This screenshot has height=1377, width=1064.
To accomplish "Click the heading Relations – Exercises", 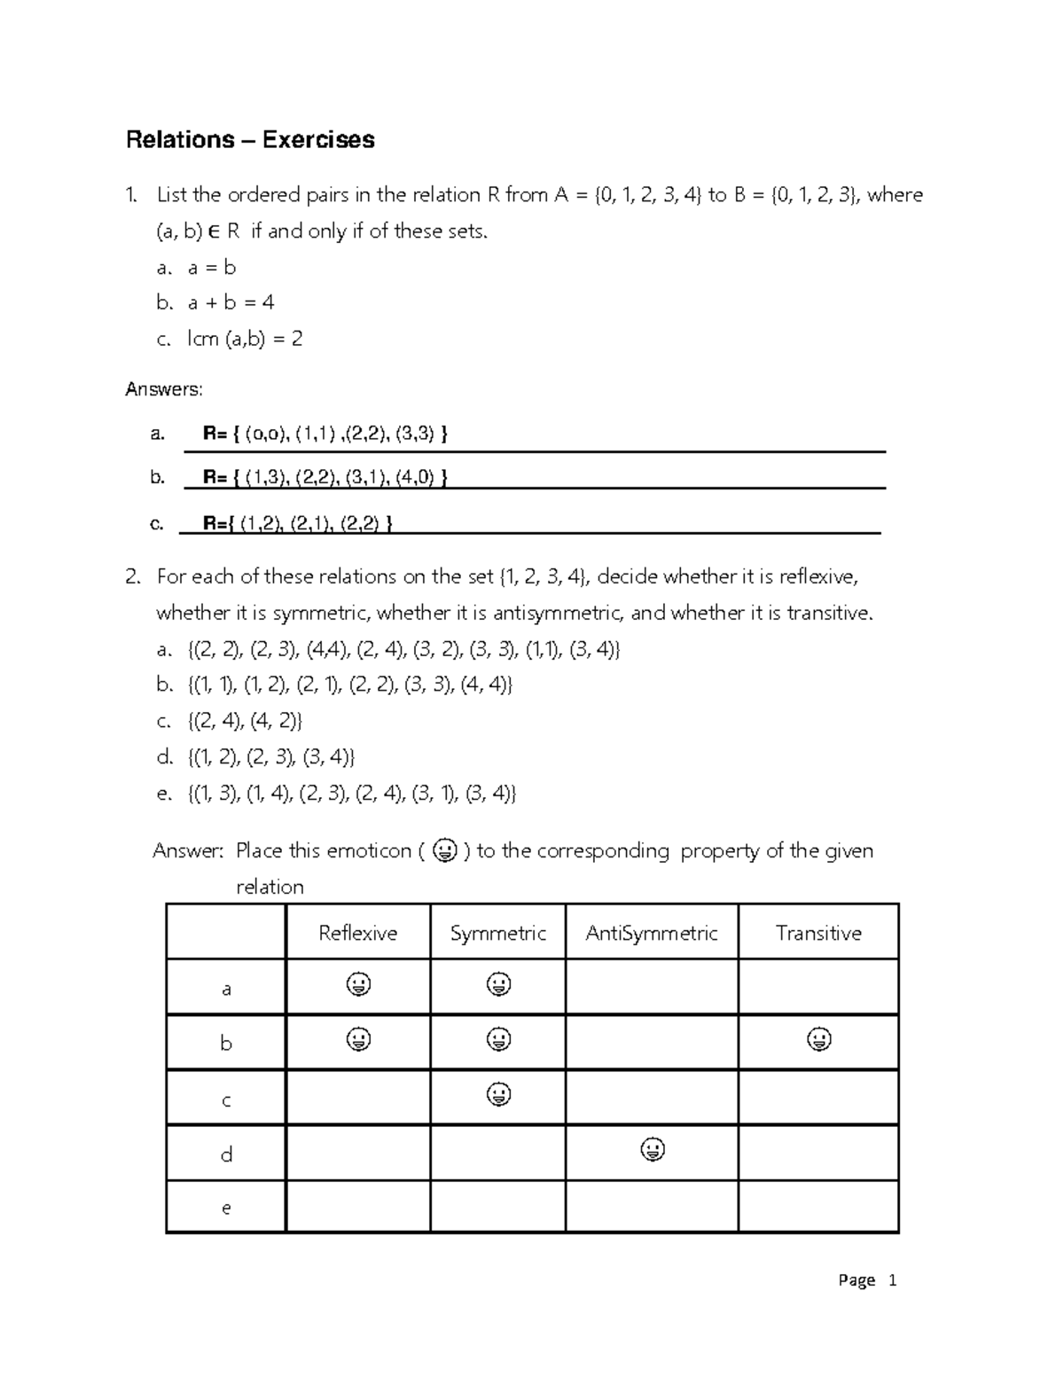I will pyautogui.click(x=250, y=140).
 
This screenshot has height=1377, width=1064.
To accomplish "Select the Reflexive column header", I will pyautogui.click(x=357, y=933).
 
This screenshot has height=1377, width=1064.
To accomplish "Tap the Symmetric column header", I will pyautogui.click(x=497, y=933).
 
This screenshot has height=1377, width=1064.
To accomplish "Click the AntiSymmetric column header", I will pyautogui.click(x=652, y=933).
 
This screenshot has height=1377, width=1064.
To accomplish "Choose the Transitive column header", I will pyautogui.click(x=818, y=933).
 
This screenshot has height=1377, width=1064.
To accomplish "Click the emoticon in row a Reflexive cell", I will pyautogui.click(x=358, y=984).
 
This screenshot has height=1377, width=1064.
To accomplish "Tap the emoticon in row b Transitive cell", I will pyautogui.click(x=818, y=1039).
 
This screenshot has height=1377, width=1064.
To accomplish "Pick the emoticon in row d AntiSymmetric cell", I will pyautogui.click(x=653, y=1150).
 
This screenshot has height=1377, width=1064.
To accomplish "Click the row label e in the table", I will pyautogui.click(x=226, y=1208).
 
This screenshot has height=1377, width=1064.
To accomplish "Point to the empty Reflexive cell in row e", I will pyautogui.click(x=357, y=1207).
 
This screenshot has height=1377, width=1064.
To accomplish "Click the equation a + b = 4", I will pyautogui.click(x=231, y=302).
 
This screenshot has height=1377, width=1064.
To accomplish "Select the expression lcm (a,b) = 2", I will pyautogui.click(x=245, y=339).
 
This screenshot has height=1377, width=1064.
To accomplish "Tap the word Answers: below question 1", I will pyautogui.click(x=164, y=388).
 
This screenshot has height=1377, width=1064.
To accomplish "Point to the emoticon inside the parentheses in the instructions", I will pyautogui.click(x=444, y=851).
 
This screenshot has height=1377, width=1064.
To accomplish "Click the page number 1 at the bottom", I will pyautogui.click(x=892, y=1280).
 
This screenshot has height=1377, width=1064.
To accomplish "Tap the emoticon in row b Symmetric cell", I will pyautogui.click(x=498, y=1039).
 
